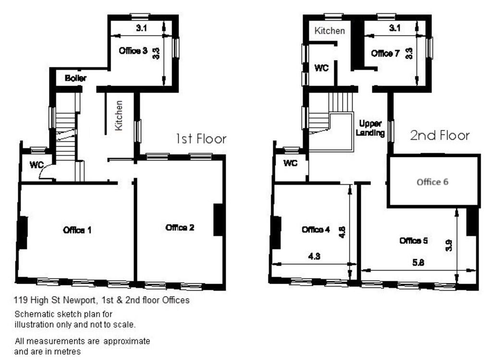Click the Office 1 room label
click(x=77, y=230)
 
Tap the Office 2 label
click(x=180, y=228)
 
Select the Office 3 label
click(x=133, y=51)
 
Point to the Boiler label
click(x=75, y=78)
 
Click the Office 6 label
click(x=432, y=182)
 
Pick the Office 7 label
click(x=385, y=54)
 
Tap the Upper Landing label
click(x=370, y=128)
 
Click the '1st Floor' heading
click(x=201, y=139)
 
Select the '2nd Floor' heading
click(x=440, y=135)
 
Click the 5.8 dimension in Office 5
click(x=418, y=263)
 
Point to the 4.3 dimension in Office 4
click(x=314, y=256)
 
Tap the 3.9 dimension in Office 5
click(x=449, y=245)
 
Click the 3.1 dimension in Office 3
click(x=142, y=28)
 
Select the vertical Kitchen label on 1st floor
click(x=119, y=115)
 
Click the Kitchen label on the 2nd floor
click(x=330, y=31)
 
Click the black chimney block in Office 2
click(x=219, y=219)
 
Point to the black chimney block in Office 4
click(x=276, y=232)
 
